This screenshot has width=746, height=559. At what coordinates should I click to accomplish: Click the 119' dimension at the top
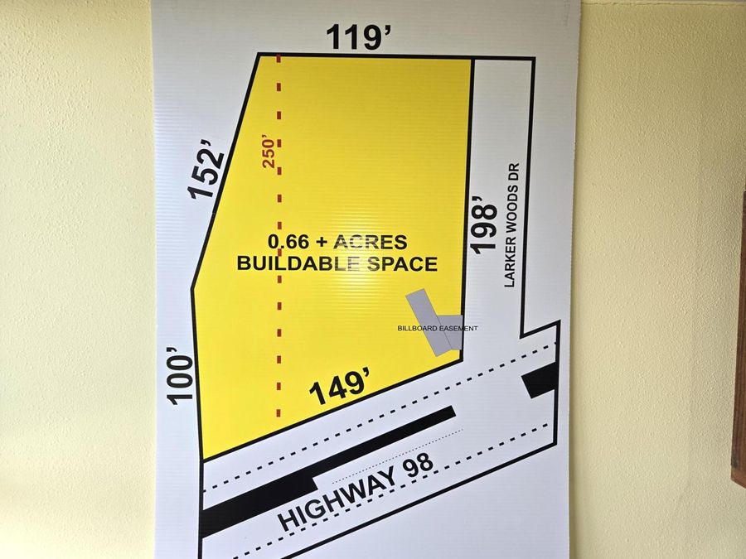point(358,37)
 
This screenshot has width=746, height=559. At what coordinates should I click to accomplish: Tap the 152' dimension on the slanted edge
point(207,171)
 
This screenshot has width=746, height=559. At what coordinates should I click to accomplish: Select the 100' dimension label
point(182,377)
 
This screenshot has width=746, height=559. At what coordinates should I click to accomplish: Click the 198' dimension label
point(484,224)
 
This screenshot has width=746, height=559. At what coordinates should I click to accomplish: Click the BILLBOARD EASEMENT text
point(438,329)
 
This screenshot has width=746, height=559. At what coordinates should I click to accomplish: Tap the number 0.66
point(288,243)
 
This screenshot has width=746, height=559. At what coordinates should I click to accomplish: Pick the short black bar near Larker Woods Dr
point(540,380)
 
